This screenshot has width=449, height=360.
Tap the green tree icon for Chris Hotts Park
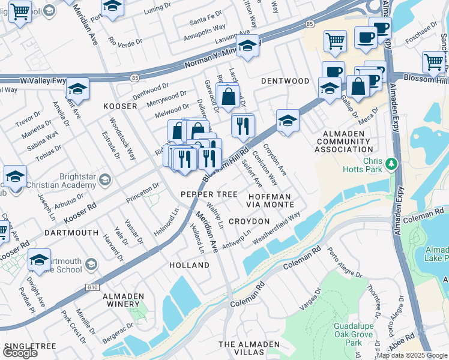tap(391, 163)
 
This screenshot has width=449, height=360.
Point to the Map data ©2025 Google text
tap(412, 355)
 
